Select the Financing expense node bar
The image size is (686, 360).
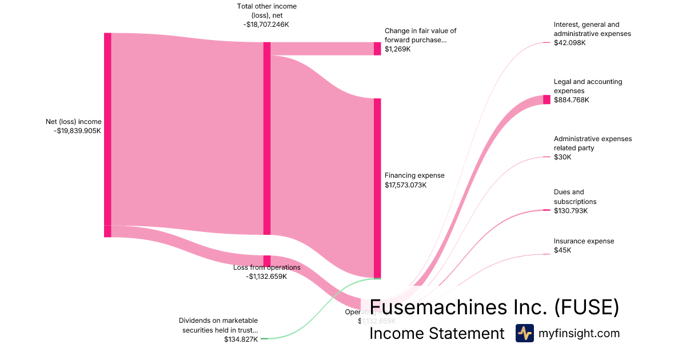click(377, 188)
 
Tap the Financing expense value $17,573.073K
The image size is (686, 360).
click(406, 185)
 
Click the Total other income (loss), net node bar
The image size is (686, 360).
click(267, 138)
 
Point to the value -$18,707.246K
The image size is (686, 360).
click(267, 25)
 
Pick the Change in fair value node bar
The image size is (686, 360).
click(377, 49)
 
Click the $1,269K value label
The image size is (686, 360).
click(398, 49)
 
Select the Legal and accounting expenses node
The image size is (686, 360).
click(547, 99)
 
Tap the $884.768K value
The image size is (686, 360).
click(571, 100)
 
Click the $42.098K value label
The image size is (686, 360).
click(569, 43)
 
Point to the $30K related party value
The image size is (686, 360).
click(563, 157)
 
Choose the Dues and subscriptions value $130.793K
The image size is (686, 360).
click(571, 211)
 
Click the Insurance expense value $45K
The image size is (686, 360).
click(563, 250)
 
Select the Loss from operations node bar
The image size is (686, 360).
click(267, 261)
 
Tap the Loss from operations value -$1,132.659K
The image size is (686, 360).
click(266, 277)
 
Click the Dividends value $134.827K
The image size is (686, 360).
click(241, 339)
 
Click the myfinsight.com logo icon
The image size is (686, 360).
click(524, 333)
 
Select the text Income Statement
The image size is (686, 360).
click(437, 334)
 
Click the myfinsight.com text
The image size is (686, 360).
click(579, 334)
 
